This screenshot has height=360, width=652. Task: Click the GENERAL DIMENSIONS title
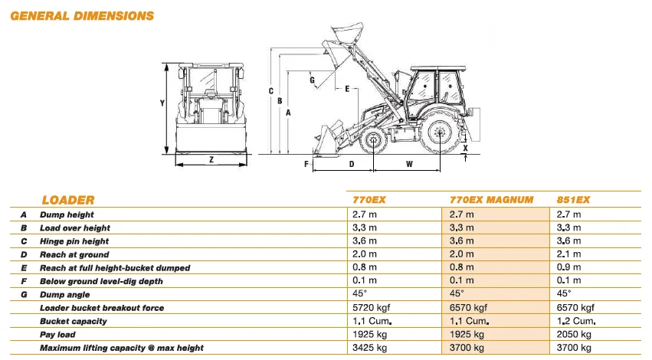pyautogui.click(x=82, y=15)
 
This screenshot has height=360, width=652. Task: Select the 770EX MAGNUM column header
pyautogui.click(x=490, y=200)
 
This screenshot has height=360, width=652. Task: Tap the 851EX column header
pyautogui.click(x=575, y=200)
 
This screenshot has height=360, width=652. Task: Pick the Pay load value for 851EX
pyautogui.click(x=574, y=335)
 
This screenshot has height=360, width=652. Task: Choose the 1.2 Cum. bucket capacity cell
pyautogui.click(x=576, y=322)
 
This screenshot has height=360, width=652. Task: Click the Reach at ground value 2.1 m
pyautogui.click(x=569, y=254)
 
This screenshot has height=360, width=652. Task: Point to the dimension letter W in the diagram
pyautogui.click(x=408, y=163)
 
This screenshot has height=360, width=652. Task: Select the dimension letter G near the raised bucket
pyautogui.click(x=312, y=79)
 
